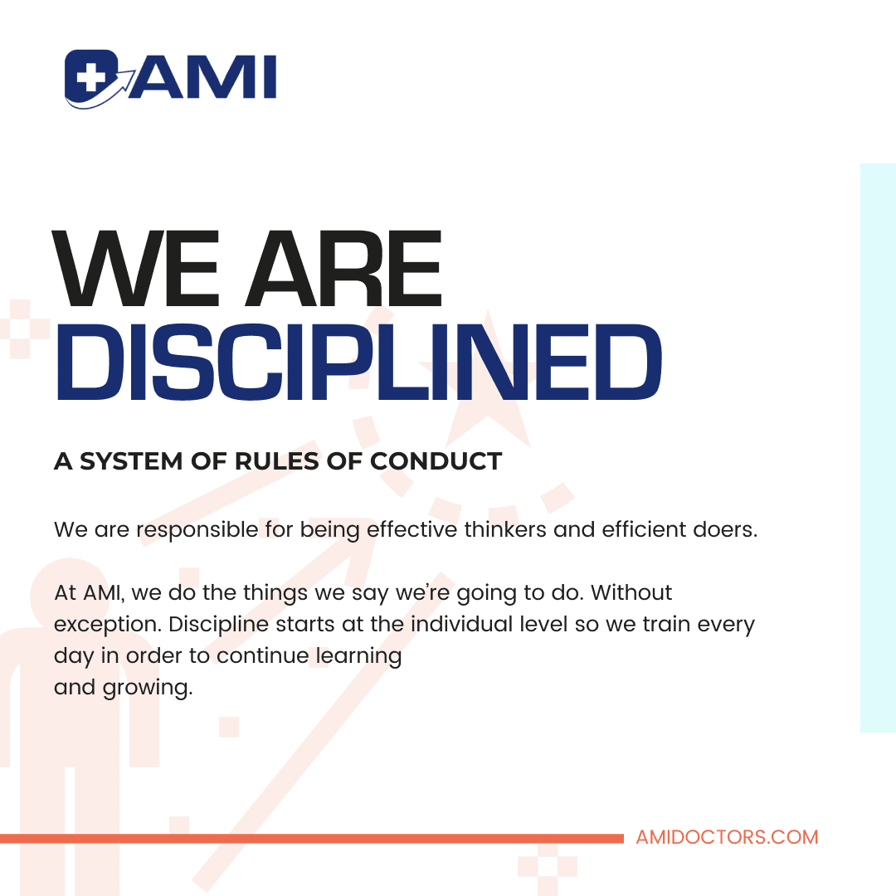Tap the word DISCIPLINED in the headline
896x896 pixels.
[x=358, y=362]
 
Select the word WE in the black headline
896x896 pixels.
[x=136, y=269]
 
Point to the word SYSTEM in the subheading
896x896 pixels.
[x=131, y=461]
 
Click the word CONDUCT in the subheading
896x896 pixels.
[x=436, y=461]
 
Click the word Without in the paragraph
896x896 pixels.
[x=631, y=592]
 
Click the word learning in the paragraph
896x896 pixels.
[x=359, y=656]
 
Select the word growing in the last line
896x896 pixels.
[x=148, y=688]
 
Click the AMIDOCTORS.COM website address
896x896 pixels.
[x=727, y=837]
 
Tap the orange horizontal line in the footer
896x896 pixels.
[x=312, y=838]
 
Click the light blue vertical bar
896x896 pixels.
[x=878, y=448]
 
